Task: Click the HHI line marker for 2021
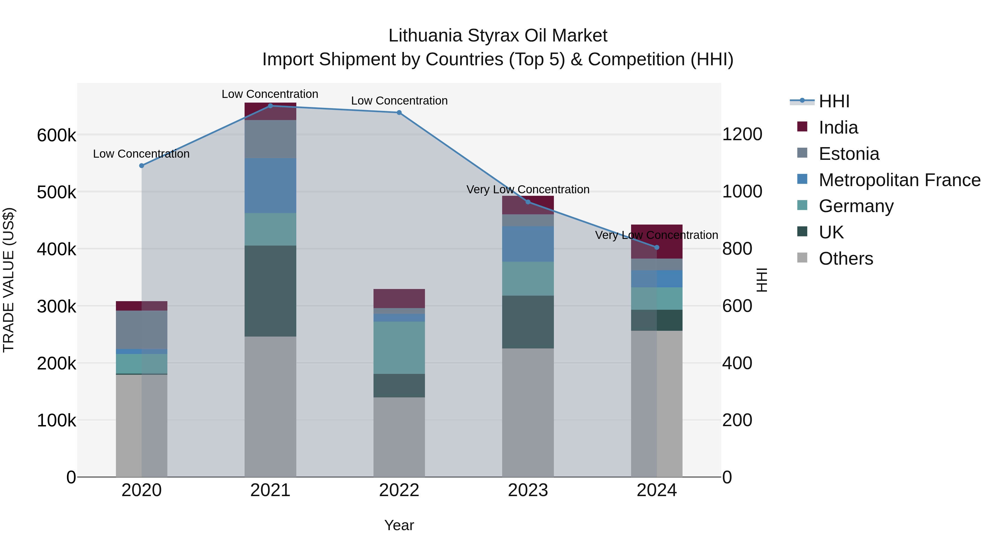pos(270,106)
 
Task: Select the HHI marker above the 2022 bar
pos(399,113)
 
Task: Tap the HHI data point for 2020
pos(141,165)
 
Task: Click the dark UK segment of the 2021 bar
pos(270,291)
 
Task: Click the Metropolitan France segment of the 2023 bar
pos(528,244)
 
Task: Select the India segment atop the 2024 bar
pos(657,241)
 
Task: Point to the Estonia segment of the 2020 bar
pos(141,330)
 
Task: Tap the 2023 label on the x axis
pos(528,490)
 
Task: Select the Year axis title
pos(399,525)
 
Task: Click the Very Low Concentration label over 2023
pos(528,189)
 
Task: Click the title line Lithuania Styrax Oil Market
pos(498,36)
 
